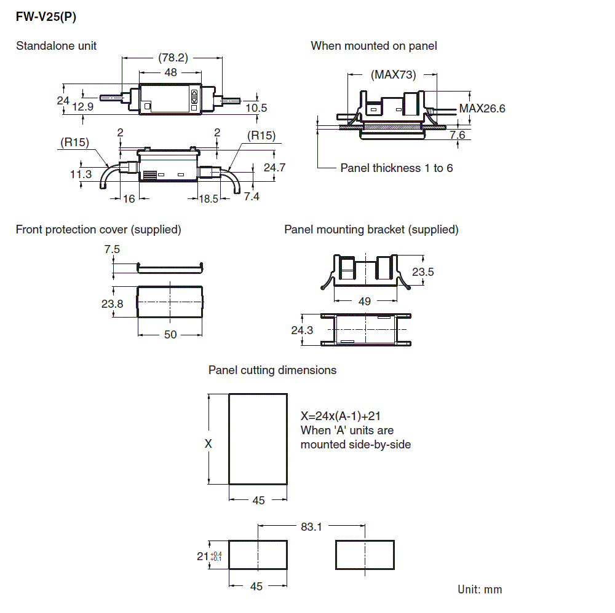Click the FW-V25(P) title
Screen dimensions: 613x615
46,17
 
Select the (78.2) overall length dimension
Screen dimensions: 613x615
173,58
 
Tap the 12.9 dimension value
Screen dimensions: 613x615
83,107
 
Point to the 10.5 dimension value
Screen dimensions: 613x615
256,108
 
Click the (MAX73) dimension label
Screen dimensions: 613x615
394,75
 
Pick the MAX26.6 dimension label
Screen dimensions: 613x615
483,109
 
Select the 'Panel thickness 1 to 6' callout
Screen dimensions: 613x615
397,168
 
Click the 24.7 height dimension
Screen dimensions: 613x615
274,167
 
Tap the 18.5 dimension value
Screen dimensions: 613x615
208,199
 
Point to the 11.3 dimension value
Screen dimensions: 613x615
81,174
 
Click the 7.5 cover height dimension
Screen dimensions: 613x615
113,249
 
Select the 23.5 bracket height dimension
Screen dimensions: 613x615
423,271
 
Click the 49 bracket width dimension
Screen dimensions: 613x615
365,301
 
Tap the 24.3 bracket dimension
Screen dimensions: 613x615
302,330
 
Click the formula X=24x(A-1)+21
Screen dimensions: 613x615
344,416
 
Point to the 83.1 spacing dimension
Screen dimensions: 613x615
312,526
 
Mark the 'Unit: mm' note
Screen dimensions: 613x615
480,590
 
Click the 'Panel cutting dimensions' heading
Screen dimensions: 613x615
272,370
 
